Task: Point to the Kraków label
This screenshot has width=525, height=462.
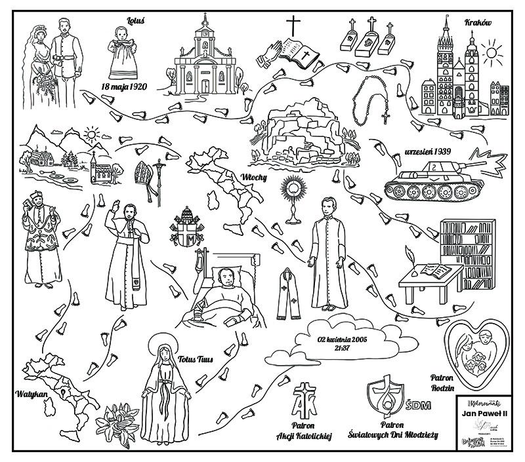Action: tap(477, 22)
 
